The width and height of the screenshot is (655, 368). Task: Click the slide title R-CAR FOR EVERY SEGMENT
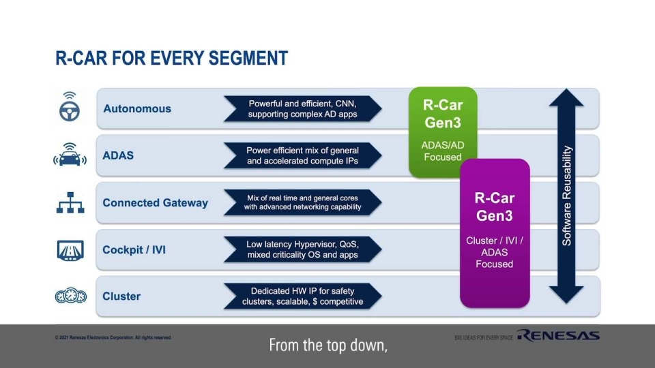tap(171, 59)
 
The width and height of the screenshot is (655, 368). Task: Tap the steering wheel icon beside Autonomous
tap(70, 108)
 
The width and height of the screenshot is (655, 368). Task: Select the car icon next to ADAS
tap(70, 155)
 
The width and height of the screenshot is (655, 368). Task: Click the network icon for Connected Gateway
tap(70, 202)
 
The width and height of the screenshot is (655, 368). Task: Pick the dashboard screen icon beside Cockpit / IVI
tap(70, 250)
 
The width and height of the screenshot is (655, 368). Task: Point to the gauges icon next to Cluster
tap(70, 296)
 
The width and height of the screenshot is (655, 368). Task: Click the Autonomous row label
tap(137, 109)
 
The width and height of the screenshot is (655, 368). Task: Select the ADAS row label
tap(118, 155)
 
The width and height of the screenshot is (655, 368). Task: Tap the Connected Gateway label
tap(155, 203)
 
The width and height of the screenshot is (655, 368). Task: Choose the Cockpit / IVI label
tap(134, 250)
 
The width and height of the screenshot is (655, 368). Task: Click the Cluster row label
tap(121, 296)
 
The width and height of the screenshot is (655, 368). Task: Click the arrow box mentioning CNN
tap(302, 109)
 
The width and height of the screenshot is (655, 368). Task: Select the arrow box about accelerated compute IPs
tap(302, 155)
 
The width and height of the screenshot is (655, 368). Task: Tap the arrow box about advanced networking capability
tap(302, 202)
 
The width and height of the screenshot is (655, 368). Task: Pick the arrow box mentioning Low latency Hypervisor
tap(302, 249)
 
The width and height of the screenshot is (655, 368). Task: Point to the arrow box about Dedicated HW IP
tap(302, 296)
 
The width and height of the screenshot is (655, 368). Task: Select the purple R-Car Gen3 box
tap(495, 232)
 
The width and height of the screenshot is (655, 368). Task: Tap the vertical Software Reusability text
tap(567, 196)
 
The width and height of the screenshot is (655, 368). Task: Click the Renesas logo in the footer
tap(558, 335)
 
